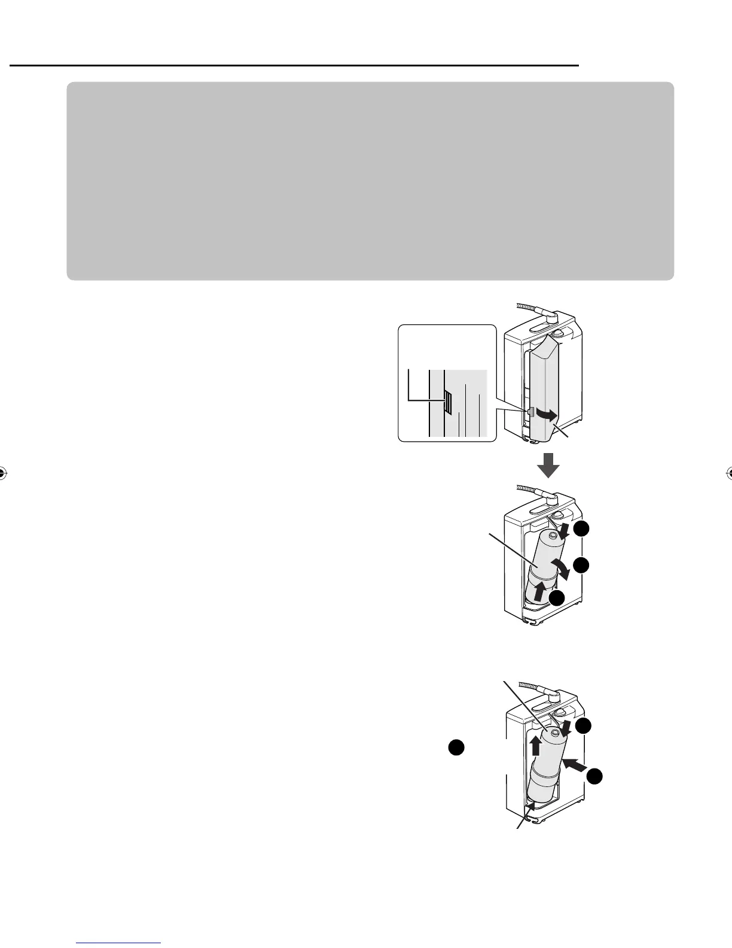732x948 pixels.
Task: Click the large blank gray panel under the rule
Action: (x=370, y=181)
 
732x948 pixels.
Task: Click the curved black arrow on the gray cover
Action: (x=547, y=414)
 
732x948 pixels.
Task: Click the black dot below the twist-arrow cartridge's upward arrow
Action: (x=557, y=600)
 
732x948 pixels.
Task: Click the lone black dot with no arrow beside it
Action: (x=456, y=748)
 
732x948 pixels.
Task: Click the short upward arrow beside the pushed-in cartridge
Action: (x=536, y=745)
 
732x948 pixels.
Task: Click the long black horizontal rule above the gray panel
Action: (x=294, y=65)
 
